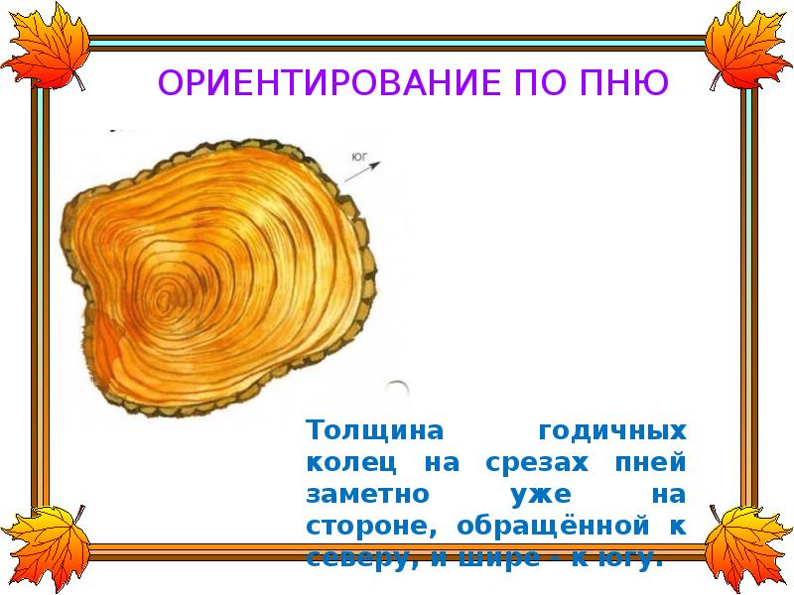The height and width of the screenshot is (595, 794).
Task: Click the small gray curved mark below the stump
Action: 397,390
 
